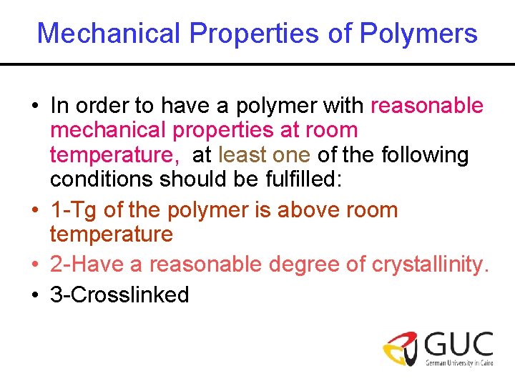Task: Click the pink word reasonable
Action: click(427, 106)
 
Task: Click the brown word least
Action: click(242, 154)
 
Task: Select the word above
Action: click(310, 210)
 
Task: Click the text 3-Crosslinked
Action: click(119, 294)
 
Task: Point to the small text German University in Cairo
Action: click(458, 363)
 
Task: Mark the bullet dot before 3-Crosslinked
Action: click(34, 295)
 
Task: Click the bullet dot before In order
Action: click(34, 107)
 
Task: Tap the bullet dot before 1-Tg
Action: click(34, 211)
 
